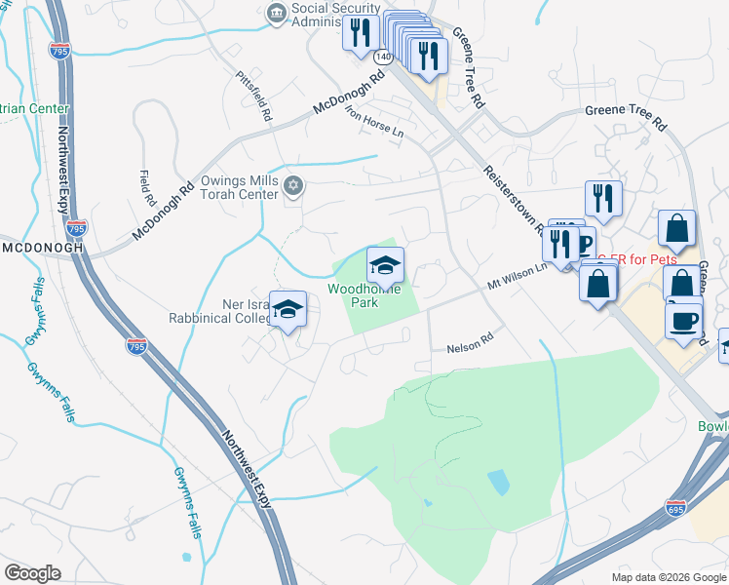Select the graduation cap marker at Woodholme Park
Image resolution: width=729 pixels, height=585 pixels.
pyautogui.click(x=385, y=264)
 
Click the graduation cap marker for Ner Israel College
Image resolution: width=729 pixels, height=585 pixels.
pyautogui.click(x=288, y=309)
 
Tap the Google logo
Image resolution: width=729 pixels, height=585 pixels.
pyautogui.click(x=32, y=573)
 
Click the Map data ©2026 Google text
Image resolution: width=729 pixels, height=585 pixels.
pyautogui.click(x=668, y=577)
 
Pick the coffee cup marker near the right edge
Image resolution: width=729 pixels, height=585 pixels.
pyautogui.click(x=685, y=320)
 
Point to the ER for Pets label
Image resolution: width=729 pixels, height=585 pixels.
pyautogui.click(x=637, y=259)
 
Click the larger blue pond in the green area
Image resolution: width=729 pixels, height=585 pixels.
pyautogui.click(x=497, y=482)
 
